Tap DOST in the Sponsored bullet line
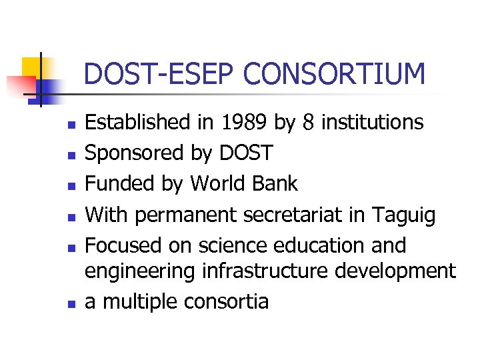tap(245, 153)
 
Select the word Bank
tap(277, 184)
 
